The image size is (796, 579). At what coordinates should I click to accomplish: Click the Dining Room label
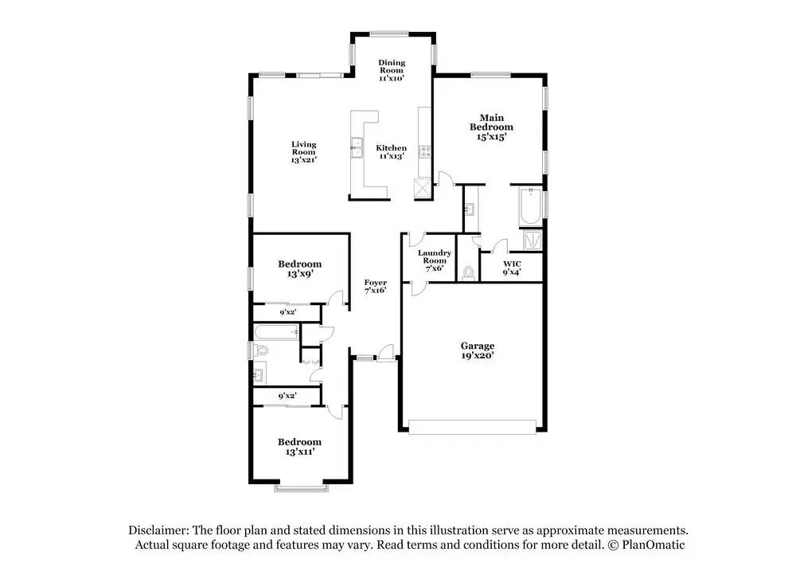[392, 70]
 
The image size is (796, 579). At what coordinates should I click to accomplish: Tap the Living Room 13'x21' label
[303, 152]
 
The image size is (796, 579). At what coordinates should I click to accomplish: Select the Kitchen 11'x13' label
[391, 152]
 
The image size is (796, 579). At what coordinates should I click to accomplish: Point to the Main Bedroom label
[491, 127]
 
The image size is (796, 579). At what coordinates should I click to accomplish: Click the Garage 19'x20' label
[478, 350]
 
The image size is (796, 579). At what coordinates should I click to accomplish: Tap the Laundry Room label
[435, 260]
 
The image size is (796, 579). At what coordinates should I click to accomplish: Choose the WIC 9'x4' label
[512, 268]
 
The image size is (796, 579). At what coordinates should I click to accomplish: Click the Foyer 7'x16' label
[376, 287]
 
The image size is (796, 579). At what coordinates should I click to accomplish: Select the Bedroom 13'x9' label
[299, 268]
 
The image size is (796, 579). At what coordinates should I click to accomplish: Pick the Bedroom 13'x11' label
[299, 447]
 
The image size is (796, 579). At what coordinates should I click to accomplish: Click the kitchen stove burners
[424, 151]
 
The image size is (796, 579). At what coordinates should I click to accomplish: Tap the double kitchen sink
[357, 148]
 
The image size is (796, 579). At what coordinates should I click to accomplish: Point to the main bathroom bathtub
[530, 207]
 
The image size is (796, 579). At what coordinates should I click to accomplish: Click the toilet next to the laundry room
[468, 272]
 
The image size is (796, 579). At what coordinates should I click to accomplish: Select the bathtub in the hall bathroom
[276, 333]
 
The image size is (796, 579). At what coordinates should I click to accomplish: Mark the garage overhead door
[472, 427]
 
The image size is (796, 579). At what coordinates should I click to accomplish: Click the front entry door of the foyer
[387, 353]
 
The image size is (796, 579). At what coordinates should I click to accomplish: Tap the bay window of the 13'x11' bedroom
[301, 487]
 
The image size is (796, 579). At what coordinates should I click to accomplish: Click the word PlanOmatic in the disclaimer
[654, 545]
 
